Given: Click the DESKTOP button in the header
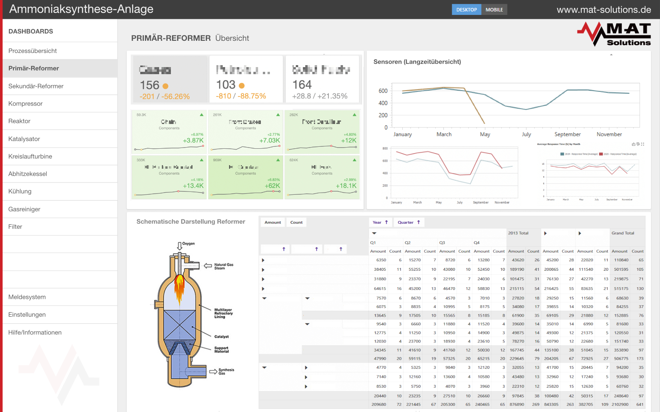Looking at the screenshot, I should [x=466, y=9].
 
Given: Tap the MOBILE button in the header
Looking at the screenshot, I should [x=494, y=9].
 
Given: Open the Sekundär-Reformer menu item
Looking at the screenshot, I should [x=36, y=86].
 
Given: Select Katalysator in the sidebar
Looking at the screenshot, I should [x=24, y=139].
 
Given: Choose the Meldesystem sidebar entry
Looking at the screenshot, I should [x=27, y=297].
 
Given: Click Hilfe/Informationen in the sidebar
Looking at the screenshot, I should [x=35, y=332].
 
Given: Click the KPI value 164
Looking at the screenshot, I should [x=302, y=85].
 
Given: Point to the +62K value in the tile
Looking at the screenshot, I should [x=272, y=186].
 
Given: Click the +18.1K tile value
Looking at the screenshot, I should [x=346, y=186].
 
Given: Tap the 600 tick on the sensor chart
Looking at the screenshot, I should [x=383, y=91].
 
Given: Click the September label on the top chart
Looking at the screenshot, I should [x=567, y=134].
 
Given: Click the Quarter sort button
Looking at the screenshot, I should [x=409, y=222].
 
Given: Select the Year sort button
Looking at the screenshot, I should [x=380, y=222].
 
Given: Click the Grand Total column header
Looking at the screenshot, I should [x=623, y=233].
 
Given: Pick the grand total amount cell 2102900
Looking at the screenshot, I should [x=620, y=404].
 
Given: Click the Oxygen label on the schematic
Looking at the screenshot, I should [x=188, y=244].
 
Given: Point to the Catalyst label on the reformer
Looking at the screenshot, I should [x=221, y=337].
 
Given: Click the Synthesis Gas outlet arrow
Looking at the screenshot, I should [x=213, y=372].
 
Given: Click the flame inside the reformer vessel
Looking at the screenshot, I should [x=180, y=286].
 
